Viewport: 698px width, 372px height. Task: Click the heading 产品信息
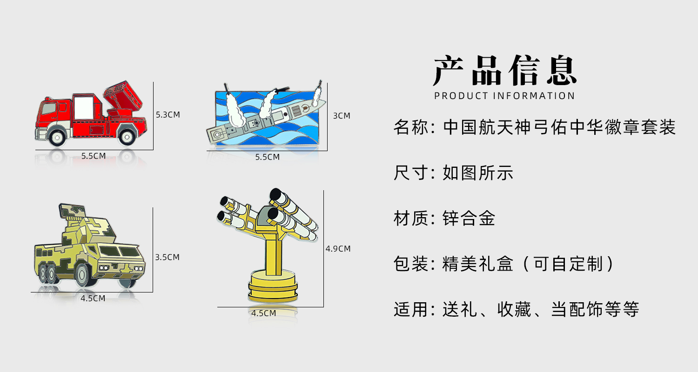coord(505,71)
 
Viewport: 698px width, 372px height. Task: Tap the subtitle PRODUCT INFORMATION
coord(505,96)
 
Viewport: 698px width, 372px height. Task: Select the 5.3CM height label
coord(168,114)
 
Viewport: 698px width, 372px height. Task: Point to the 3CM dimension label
coord(342,116)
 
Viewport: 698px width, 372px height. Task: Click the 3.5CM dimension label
coord(168,257)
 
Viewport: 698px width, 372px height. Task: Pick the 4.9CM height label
coord(338,249)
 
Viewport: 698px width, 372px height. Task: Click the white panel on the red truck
coord(84,104)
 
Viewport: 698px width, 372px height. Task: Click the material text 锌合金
coord(469,218)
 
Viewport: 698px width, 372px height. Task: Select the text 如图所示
coord(478,173)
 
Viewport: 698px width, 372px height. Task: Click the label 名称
coord(410,127)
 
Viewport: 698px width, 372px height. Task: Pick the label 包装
coord(410,264)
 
